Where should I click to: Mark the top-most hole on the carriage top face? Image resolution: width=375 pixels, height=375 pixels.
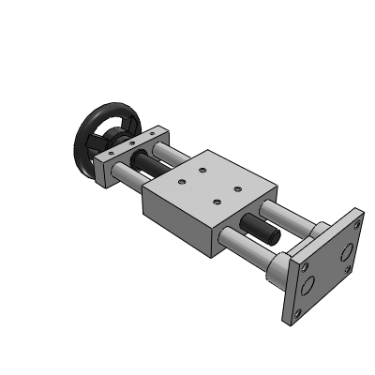point(202,170)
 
